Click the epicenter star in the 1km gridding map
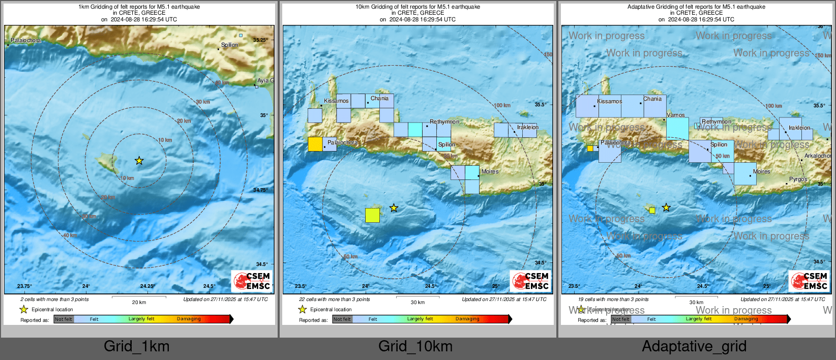coord(139,161)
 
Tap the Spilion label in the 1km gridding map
coord(229,45)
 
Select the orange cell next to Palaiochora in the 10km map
coord(315,144)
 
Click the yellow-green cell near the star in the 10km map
coord(372,215)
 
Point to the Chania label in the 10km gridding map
coord(379,99)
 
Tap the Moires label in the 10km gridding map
coord(490,172)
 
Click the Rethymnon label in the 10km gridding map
coord(444,122)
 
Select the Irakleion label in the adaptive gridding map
coord(799,128)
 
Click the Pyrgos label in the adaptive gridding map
coord(798,179)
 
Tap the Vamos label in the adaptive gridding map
coord(675,115)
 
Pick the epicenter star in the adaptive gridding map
coord(666,207)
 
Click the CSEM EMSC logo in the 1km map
coord(252,281)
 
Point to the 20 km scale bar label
coord(139,303)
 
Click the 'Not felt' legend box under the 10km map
coord(342,319)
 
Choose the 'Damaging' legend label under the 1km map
coord(189,319)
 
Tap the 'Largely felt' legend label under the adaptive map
coord(698,319)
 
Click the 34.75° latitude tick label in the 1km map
coord(260,190)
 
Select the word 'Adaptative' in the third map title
coord(643,7)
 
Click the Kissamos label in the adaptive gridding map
coord(609,102)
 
